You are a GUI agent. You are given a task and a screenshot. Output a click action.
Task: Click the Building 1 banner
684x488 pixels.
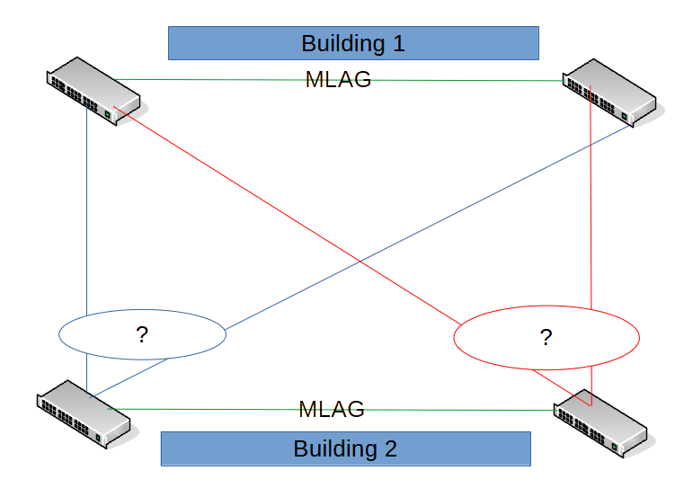click(x=353, y=43)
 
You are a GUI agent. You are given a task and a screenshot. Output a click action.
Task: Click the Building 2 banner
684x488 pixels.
click(x=345, y=448)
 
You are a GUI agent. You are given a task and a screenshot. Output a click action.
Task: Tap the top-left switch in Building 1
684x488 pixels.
click(x=93, y=91)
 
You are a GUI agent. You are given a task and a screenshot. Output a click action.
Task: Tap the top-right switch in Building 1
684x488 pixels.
click(x=610, y=92)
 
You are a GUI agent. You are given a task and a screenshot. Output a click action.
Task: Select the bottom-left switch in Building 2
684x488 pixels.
click(x=84, y=413)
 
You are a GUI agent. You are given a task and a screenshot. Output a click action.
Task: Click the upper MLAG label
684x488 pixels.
click(x=339, y=80)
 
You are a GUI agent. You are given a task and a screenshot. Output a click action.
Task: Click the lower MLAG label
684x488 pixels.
click(x=332, y=410)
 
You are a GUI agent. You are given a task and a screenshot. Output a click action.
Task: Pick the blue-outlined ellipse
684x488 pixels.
click(x=142, y=335)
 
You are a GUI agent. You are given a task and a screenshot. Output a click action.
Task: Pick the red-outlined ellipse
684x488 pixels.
click(x=546, y=337)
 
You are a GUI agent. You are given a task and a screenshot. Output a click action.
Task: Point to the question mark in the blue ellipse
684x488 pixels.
click(x=142, y=335)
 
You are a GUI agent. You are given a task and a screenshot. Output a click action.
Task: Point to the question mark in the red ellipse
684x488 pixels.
click(x=546, y=338)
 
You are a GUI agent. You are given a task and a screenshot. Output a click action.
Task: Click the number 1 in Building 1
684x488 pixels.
click(x=397, y=43)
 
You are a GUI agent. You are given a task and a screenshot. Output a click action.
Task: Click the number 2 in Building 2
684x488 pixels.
click(x=390, y=448)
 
